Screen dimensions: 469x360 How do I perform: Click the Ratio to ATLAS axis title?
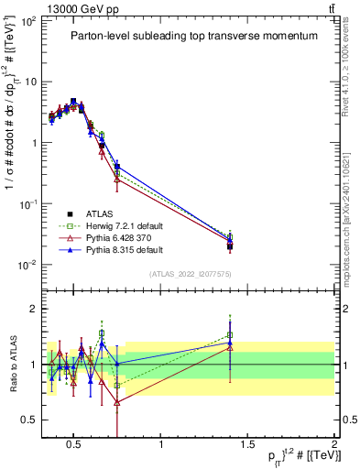[13, 365]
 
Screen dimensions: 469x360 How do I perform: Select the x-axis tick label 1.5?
[248, 443]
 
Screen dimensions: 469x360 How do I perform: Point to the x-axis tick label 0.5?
[74, 443]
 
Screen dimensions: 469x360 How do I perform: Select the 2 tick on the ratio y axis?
[35, 310]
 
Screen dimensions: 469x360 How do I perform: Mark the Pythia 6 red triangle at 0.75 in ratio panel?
[117, 402]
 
